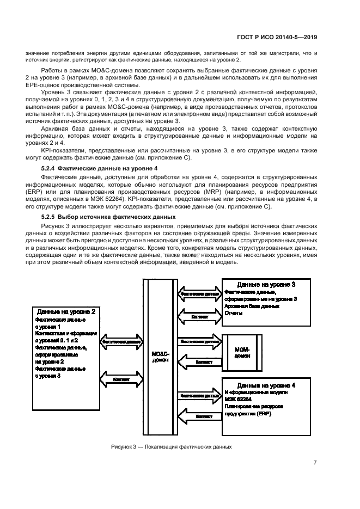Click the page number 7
(315, 463)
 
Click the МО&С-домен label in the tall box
(160, 356)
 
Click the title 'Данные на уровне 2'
(67, 312)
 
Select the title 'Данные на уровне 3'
(266, 285)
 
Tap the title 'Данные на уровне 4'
(266, 385)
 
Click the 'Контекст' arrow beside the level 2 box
(121, 379)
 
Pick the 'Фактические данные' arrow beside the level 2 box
(121, 342)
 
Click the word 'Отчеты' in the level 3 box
(233, 314)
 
